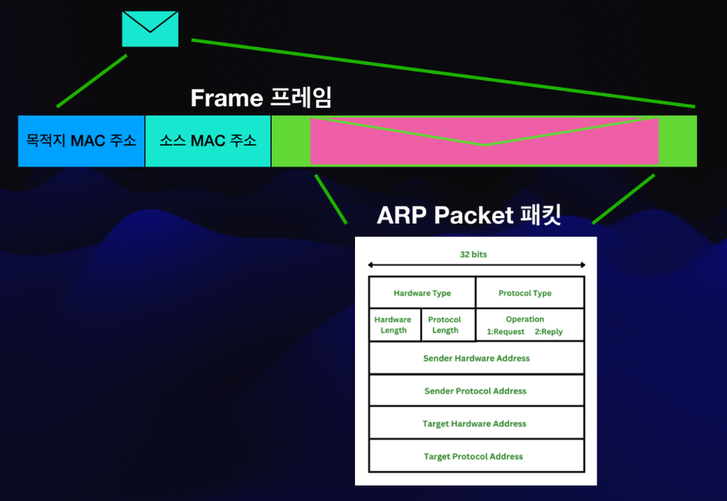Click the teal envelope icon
click(150, 29)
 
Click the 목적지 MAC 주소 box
click(81, 141)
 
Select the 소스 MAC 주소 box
click(208, 141)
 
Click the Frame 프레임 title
click(261, 98)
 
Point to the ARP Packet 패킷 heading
click(468, 215)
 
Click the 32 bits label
click(473, 254)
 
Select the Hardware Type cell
click(422, 293)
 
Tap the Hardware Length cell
click(393, 324)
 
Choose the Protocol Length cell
click(445, 324)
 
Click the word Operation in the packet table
click(525, 319)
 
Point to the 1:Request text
click(506, 332)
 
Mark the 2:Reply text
click(549, 332)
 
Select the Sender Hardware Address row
click(476, 358)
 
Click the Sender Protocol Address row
click(475, 391)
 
